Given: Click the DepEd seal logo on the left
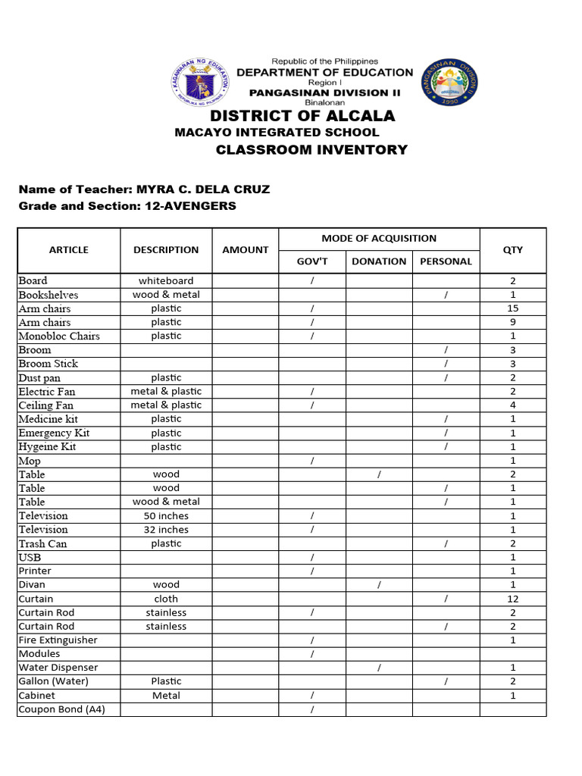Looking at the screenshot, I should (200, 83).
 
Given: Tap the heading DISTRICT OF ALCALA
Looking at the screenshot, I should (302, 116).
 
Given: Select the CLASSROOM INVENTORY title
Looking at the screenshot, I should (311, 149).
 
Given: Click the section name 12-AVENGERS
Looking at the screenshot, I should (190, 205).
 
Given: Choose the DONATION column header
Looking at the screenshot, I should (379, 261).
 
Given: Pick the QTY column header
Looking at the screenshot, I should (512, 249).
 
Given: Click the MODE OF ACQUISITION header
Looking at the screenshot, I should (379, 238).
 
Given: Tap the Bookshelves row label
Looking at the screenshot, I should (48, 295).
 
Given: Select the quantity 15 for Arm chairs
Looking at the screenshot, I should (512, 308).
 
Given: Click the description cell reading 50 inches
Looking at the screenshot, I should (166, 516).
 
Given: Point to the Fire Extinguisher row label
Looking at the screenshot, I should (58, 640).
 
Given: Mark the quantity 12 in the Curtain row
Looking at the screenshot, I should (512, 599).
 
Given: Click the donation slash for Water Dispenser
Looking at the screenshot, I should (379, 668).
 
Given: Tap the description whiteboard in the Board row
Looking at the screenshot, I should (166, 280).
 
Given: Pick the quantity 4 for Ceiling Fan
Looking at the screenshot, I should (512, 405).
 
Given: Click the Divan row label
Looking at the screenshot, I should (32, 584).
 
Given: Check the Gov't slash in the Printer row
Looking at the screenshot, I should (312, 571).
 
